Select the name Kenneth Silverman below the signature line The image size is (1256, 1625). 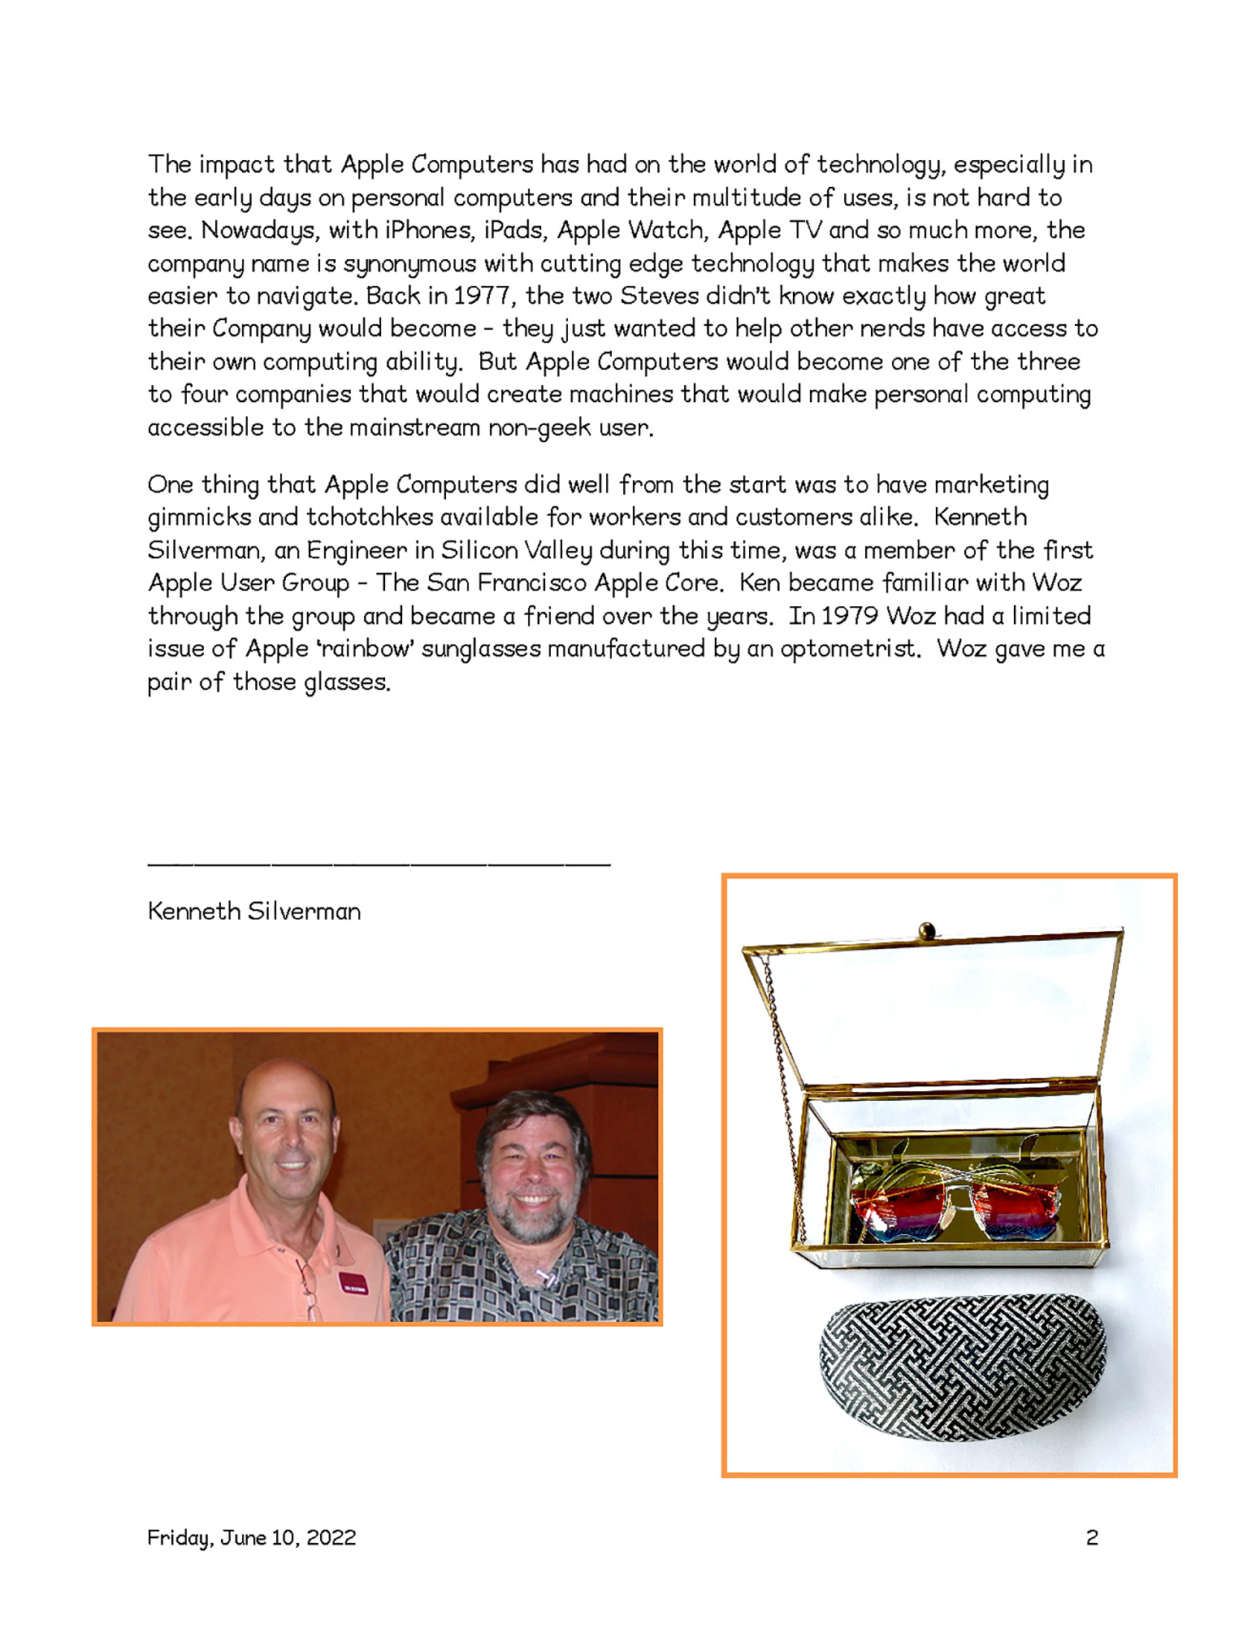click(254, 912)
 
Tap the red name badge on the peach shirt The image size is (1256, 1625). click(353, 1283)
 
